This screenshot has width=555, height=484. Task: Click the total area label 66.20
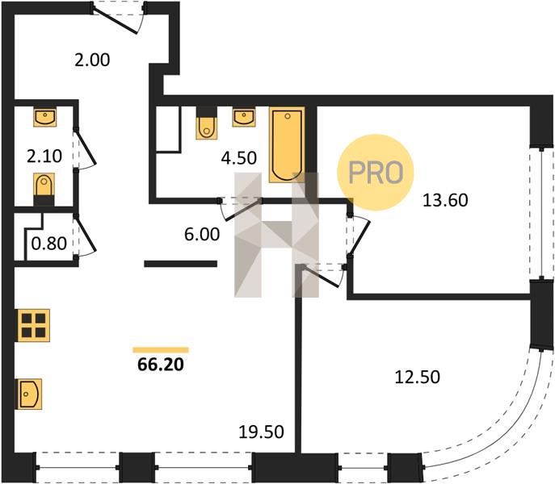[160, 365]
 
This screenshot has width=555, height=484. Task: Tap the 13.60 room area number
[445, 200]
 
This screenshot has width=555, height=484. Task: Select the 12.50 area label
[418, 377]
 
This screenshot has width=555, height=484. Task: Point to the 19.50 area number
[261, 432]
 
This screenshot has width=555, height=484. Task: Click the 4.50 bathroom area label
[238, 157]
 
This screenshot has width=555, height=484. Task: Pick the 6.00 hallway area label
[202, 235]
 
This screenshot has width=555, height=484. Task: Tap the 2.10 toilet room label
[44, 156]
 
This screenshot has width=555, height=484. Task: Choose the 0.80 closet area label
[48, 244]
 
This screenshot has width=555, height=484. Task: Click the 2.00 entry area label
[92, 60]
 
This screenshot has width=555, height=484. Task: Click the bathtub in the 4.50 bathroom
[287, 144]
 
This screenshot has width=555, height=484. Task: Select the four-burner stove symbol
[33, 325]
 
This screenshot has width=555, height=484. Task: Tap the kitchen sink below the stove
[29, 394]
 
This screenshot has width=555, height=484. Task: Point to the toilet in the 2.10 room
[44, 189]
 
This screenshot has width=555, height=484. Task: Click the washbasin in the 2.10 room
[44, 118]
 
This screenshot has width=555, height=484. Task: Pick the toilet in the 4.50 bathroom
[206, 123]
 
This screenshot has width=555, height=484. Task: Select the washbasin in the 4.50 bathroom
[243, 118]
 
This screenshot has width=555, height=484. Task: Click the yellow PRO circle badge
[376, 172]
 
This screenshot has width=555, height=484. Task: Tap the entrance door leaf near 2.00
[115, 19]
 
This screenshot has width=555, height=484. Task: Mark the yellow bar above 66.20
[161, 350]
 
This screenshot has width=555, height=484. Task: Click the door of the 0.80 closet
[86, 233]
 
